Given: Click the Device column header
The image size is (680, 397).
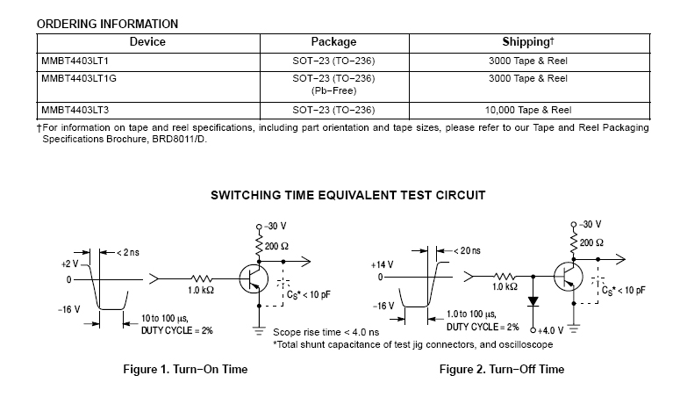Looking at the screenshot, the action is pyautogui.click(x=147, y=42).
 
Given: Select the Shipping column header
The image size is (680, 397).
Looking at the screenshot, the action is pyautogui.click(x=528, y=42).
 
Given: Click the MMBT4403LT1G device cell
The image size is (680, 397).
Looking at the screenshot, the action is pyautogui.click(x=78, y=79).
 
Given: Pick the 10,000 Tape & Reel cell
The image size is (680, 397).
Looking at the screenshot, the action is pyautogui.click(x=528, y=111).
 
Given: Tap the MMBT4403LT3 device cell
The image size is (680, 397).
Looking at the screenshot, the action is pyautogui.click(x=75, y=111).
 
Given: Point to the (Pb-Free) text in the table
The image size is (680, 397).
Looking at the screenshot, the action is pyautogui.click(x=333, y=90).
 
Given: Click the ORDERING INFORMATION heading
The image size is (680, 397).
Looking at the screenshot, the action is pyautogui.click(x=107, y=24).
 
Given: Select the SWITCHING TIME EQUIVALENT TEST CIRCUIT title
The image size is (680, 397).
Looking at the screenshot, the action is pyautogui.click(x=347, y=196).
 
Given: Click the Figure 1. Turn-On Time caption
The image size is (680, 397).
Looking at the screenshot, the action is pyautogui.click(x=185, y=369).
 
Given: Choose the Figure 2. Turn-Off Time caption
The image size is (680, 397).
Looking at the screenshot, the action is pyautogui.click(x=502, y=369).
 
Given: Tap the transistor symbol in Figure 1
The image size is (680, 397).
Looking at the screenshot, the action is pyautogui.click(x=254, y=278).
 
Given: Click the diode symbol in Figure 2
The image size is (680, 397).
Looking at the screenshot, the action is pyautogui.click(x=533, y=301).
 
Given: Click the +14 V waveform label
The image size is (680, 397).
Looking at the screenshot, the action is pyautogui.click(x=382, y=265).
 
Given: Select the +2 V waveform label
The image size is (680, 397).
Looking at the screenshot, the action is pyautogui.click(x=69, y=264).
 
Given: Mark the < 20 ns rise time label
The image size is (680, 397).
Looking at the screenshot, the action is pyautogui.click(x=467, y=250).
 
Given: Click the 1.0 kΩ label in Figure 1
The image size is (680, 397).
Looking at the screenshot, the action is pyautogui.click(x=201, y=290).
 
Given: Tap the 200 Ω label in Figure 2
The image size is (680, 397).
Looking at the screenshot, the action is pyautogui.click(x=591, y=242).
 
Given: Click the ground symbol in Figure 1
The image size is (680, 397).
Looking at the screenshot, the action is pyautogui.click(x=259, y=331).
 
